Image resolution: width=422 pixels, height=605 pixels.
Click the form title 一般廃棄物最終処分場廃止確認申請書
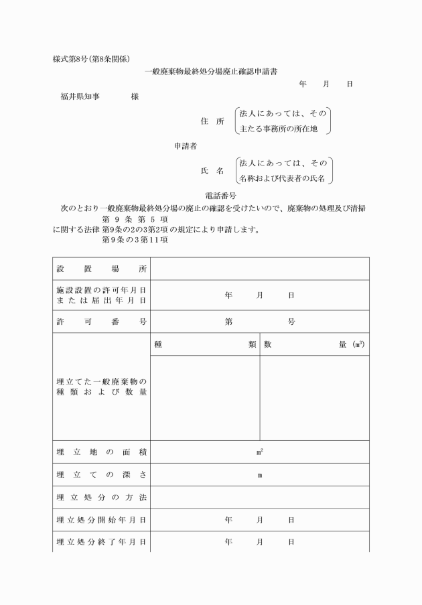click(x=211, y=71)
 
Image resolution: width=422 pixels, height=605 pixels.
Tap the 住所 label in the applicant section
click(x=212, y=121)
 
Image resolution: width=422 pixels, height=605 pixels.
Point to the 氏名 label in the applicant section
click(x=212, y=171)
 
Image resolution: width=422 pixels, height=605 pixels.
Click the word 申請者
click(x=186, y=145)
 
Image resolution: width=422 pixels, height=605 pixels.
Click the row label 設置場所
click(x=101, y=269)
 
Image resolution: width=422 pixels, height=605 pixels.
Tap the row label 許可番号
click(x=101, y=322)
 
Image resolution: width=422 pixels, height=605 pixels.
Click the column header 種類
click(x=205, y=344)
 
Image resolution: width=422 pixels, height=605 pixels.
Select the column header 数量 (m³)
click(x=314, y=344)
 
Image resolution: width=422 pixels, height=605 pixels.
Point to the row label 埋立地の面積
click(x=101, y=452)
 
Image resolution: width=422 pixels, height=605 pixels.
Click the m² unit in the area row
click(x=259, y=452)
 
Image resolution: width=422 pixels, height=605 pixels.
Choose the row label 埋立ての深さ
click(x=101, y=475)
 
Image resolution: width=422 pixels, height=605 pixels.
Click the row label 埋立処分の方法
click(x=101, y=497)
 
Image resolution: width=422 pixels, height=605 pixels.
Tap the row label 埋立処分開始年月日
click(x=101, y=519)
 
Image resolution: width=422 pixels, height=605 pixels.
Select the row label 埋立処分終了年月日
click(x=101, y=541)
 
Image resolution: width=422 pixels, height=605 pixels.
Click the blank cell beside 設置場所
click(x=259, y=269)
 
